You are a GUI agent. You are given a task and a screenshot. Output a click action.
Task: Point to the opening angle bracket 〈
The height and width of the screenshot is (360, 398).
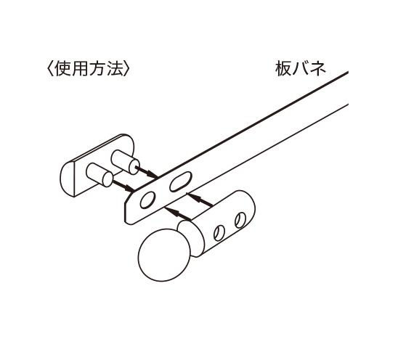(50, 69)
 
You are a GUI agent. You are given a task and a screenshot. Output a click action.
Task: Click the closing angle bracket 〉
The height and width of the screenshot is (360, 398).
(127, 69)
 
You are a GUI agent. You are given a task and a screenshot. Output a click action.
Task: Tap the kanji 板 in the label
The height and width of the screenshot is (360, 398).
(283, 68)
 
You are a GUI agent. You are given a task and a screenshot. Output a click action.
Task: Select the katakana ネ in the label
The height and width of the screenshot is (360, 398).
(317, 68)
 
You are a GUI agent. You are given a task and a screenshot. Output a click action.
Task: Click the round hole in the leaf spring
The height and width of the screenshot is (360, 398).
(147, 200)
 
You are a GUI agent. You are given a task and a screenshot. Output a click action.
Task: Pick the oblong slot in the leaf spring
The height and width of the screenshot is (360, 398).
(181, 181)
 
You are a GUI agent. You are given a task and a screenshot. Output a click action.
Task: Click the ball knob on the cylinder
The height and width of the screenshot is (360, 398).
(164, 255)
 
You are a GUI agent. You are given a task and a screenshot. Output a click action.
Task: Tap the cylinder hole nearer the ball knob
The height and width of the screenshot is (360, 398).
(219, 233)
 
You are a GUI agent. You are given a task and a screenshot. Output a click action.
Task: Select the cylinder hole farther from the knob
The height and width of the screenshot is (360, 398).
(240, 220)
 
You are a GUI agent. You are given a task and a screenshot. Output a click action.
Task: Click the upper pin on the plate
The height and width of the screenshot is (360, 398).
(125, 162)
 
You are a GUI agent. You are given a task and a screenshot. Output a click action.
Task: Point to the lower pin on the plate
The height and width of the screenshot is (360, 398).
(99, 175)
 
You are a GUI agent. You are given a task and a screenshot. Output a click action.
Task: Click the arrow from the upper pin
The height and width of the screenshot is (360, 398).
(147, 172)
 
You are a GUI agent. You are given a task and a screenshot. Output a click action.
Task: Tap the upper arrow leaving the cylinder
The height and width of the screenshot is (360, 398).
(200, 200)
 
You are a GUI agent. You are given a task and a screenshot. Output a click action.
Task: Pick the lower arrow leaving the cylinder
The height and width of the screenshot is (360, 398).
(178, 213)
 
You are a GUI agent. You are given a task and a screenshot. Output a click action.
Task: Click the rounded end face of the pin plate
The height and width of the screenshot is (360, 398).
(68, 179)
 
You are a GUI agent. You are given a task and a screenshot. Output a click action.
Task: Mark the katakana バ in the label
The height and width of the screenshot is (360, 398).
(301, 68)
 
